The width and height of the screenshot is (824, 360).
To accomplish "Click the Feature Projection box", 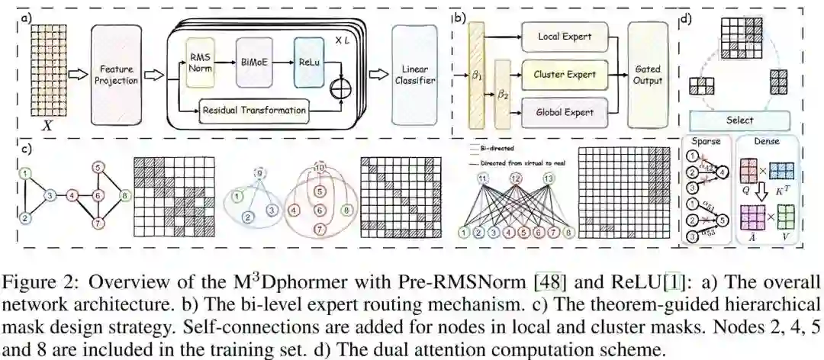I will pyautogui.click(x=117, y=74).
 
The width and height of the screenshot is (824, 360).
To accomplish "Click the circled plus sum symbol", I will pyautogui.click(x=336, y=89).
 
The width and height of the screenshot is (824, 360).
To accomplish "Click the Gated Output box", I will pyautogui.click(x=648, y=74).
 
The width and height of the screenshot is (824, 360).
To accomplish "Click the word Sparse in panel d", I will pyautogui.click(x=706, y=142).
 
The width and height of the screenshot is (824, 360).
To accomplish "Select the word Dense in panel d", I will pyautogui.click(x=771, y=142).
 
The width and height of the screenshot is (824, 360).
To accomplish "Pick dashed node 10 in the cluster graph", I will pyautogui.click(x=320, y=166).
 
